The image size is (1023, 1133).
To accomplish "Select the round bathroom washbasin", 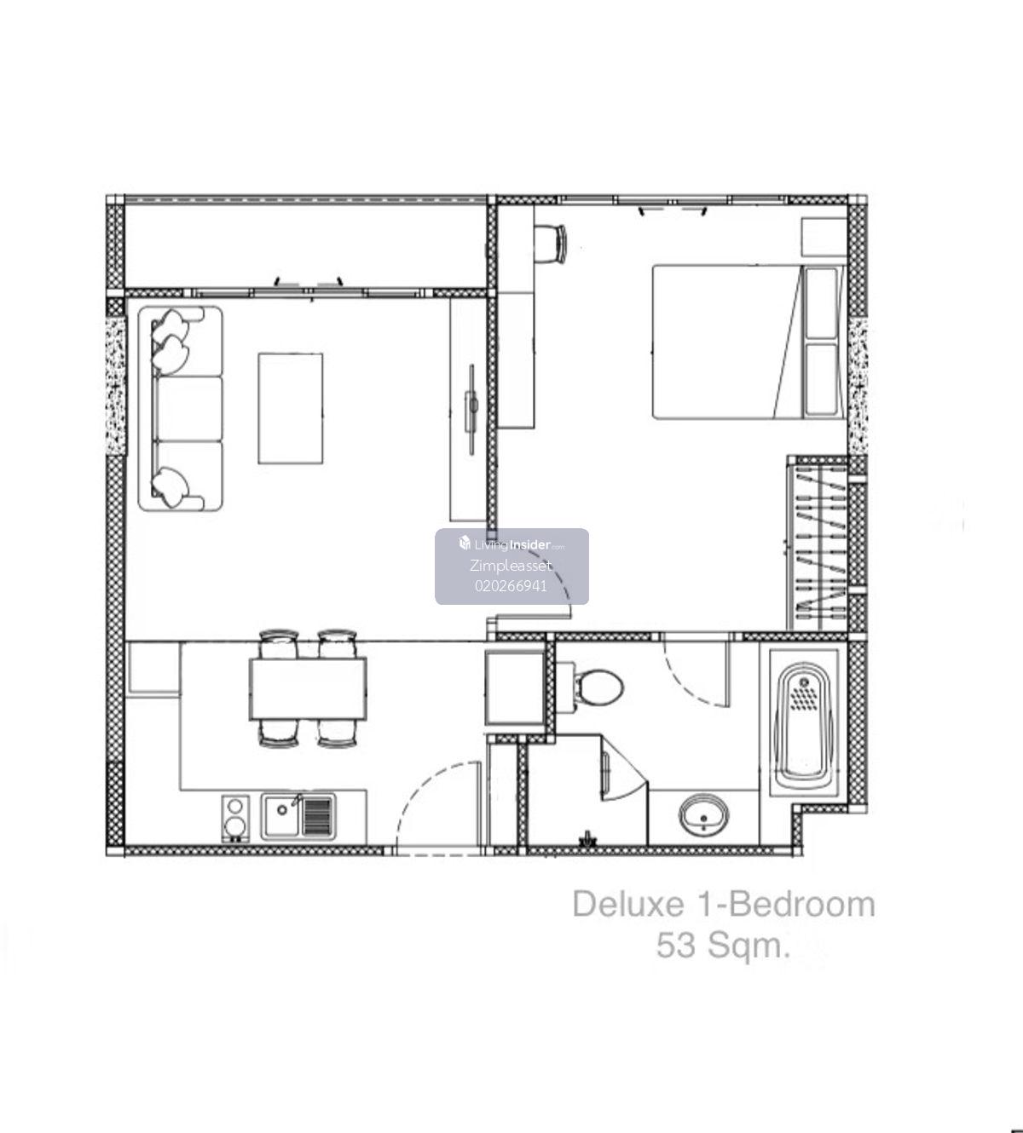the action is coord(703,814).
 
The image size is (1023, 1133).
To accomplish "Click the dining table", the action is coord(308,688).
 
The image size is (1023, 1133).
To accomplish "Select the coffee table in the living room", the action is coord(291,408).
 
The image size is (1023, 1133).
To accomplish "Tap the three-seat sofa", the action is coord(180,408).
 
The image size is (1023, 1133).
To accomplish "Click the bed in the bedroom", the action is coord(748,342).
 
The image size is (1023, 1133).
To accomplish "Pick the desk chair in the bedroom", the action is coord(550,244).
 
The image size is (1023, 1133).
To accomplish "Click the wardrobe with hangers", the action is coord(818,543).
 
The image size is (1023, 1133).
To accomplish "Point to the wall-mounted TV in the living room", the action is coord(472,409).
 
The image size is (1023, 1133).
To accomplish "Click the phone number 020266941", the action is coord(511,586).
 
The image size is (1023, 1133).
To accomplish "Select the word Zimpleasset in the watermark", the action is coord(511,565).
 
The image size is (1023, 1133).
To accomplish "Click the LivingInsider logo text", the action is coord(512,544).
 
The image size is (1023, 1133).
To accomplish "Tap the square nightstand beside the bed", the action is coord(824,237).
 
